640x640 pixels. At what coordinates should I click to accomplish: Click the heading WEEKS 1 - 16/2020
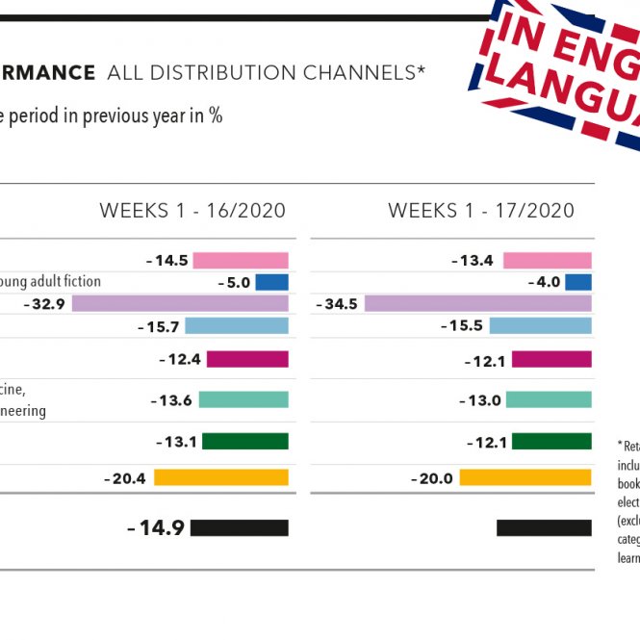[x=192, y=211]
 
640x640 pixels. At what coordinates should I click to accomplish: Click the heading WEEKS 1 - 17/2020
[x=481, y=211]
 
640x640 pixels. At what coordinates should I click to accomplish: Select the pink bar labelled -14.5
[x=241, y=261]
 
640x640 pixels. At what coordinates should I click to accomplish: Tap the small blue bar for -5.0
[x=272, y=282]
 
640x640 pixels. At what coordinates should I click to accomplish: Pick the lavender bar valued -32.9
[x=180, y=303]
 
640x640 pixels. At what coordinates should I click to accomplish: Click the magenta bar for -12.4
[x=247, y=359]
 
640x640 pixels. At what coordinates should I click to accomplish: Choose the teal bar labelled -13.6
[x=243, y=399]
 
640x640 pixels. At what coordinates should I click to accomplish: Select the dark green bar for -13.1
[x=245, y=441]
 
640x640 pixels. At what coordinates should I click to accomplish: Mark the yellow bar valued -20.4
[x=221, y=477]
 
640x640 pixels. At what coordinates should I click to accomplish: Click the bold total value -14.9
[x=156, y=527]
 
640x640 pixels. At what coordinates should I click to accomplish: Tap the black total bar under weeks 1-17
[x=544, y=527]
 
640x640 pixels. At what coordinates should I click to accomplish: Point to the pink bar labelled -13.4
[x=547, y=261]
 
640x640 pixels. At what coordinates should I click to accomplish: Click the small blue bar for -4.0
[x=577, y=282]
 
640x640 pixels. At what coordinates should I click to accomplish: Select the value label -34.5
[x=337, y=303]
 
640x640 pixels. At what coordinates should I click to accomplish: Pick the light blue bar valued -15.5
[x=540, y=326]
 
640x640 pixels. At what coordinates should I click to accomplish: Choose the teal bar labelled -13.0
[x=548, y=399]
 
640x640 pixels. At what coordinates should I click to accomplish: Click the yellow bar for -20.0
[x=525, y=477]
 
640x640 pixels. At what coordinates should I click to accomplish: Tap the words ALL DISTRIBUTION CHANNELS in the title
[x=266, y=72]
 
